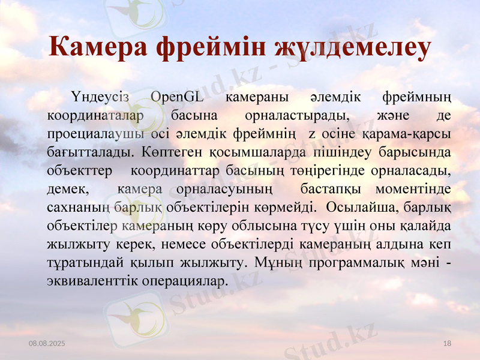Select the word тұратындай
83,263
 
